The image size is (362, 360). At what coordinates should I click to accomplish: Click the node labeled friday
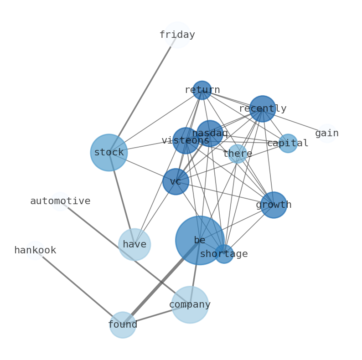pyautogui.click(x=177, y=35)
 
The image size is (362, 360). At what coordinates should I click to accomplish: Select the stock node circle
pyautogui.click(x=109, y=153)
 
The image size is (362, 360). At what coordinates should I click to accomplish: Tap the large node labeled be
pyautogui.click(x=200, y=240)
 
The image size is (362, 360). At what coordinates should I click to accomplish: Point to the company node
pyautogui.click(x=190, y=304)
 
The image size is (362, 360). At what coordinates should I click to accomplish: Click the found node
pyautogui.click(x=123, y=325)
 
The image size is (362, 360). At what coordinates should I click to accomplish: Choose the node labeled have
pyautogui.click(x=134, y=245)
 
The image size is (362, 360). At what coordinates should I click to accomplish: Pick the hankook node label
pyautogui.click(x=35, y=251)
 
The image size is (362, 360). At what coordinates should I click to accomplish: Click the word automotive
pyautogui.click(x=60, y=201)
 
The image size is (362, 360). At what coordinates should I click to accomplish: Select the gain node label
pyautogui.click(x=327, y=134)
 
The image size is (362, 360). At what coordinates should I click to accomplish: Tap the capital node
pyautogui.click(x=288, y=144)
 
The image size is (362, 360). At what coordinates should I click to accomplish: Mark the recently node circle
pyautogui.click(x=263, y=109)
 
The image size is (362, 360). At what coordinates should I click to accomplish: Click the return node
pyautogui.click(x=202, y=90)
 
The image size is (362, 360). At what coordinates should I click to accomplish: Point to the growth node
pyautogui.click(x=274, y=205)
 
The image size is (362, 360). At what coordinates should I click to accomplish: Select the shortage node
pyautogui.click(x=224, y=254)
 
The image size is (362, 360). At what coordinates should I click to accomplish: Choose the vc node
pyautogui.click(x=176, y=182)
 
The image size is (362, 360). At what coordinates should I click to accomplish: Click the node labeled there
pyautogui.click(x=238, y=154)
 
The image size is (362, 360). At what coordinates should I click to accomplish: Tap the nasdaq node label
pyautogui.click(x=210, y=134)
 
